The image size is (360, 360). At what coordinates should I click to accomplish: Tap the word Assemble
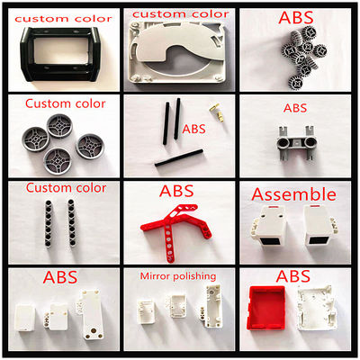(x=293, y=194)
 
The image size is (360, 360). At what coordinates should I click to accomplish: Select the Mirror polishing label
(x=178, y=276)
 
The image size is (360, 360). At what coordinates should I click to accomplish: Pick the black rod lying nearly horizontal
(x=178, y=157)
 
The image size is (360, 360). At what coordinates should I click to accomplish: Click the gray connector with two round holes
(x=296, y=142)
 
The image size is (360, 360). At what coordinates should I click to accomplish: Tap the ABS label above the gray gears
(x=295, y=17)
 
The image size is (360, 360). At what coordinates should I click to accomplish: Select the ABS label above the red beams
(x=176, y=191)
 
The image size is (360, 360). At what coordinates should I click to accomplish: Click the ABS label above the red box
(x=293, y=276)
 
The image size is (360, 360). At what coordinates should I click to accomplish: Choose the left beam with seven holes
(x=48, y=223)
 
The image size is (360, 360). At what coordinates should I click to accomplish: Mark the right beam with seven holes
(x=72, y=222)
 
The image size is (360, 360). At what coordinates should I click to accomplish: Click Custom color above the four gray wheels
(x=65, y=103)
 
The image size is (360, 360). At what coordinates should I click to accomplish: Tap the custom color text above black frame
(x=63, y=19)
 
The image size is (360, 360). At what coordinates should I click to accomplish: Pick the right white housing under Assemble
(x=319, y=225)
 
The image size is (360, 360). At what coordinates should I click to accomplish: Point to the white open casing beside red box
(x=315, y=309)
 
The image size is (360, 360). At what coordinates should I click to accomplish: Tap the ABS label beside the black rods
(x=194, y=129)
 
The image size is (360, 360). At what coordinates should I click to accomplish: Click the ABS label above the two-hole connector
(x=295, y=108)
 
